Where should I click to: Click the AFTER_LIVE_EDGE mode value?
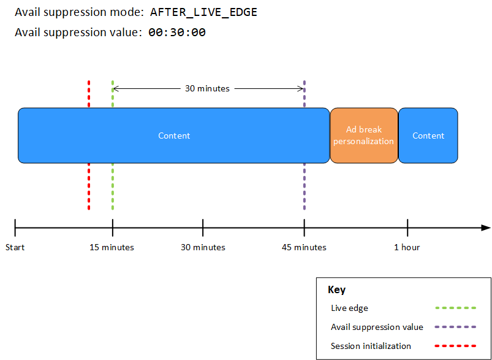tap(203, 12)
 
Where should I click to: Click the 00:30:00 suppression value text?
tap(176, 33)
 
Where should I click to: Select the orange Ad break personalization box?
tap(364, 136)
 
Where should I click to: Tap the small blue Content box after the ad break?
tap(428, 136)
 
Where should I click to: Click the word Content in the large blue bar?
tap(174, 136)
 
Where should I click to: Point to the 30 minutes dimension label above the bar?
tap(207, 88)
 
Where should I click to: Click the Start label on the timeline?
tap(15, 247)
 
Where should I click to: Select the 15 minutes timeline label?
tap(112, 247)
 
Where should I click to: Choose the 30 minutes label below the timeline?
tap(203, 247)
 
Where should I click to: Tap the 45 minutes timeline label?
tap(304, 247)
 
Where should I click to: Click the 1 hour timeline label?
tap(407, 247)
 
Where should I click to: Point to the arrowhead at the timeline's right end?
tap(486, 228)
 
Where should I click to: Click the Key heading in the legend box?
tap(336, 290)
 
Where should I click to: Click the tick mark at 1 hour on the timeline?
tap(407, 228)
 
